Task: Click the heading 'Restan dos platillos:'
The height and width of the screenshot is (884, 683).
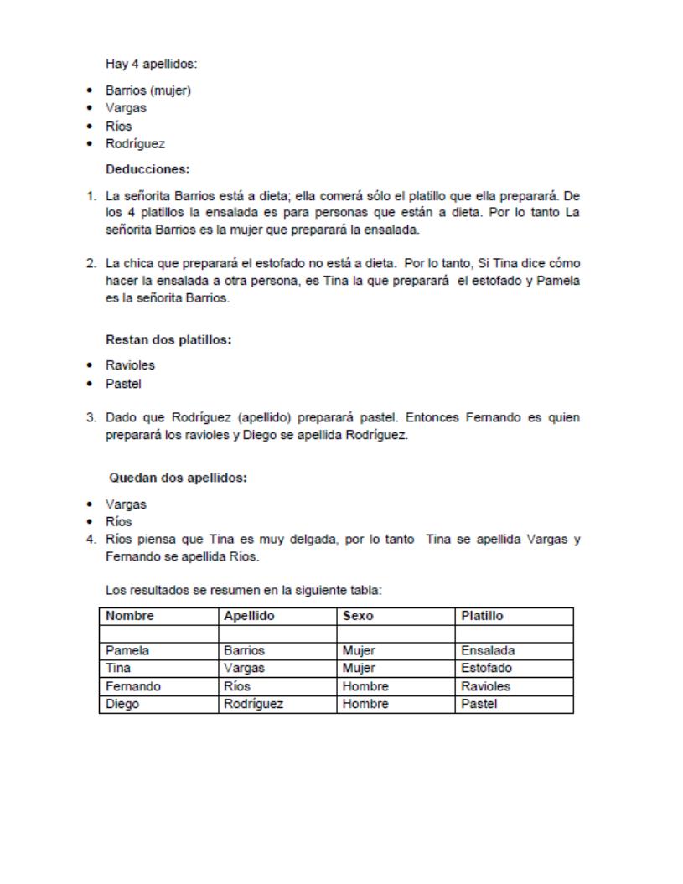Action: (x=168, y=339)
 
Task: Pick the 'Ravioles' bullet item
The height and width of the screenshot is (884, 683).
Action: (x=130, y=365)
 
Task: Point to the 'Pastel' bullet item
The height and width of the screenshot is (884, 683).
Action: (x=123, y=384)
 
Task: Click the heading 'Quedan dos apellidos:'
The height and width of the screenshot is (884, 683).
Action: (x=179, y=478)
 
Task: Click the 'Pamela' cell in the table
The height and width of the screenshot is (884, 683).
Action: (x=127, y=650)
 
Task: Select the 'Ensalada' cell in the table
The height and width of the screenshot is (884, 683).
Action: (x=487, y=650)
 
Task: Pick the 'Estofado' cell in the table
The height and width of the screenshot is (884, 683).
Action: (x=487, y=668)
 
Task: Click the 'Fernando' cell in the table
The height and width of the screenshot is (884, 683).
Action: (x=132, y=686)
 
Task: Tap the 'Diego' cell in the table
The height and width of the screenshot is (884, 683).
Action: (x=122, y=705)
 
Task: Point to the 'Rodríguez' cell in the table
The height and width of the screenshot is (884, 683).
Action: (x=253, y=705)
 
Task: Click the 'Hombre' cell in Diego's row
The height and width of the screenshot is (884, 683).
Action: (x=365, y=705)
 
